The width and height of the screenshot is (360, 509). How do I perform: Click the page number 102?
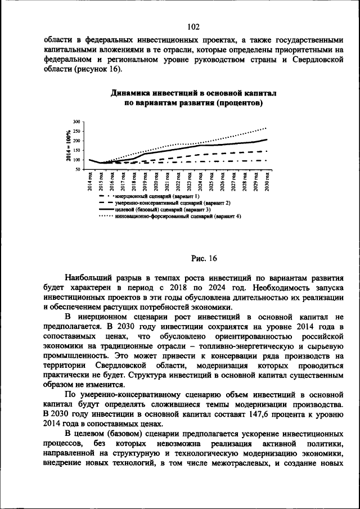click(193, 27)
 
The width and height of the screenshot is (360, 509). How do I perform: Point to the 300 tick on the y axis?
click(77, 121)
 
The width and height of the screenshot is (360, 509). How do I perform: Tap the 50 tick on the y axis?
click(78, 169)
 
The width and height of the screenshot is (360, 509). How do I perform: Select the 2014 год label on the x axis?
click(90, 183)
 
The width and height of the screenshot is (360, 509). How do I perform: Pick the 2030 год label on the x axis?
click(265, 183)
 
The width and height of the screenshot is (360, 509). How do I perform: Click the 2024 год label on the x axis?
click(200, 183)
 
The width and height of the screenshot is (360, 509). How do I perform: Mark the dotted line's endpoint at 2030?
click(266, 128)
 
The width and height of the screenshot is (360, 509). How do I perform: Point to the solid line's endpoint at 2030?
click(266, 139)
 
